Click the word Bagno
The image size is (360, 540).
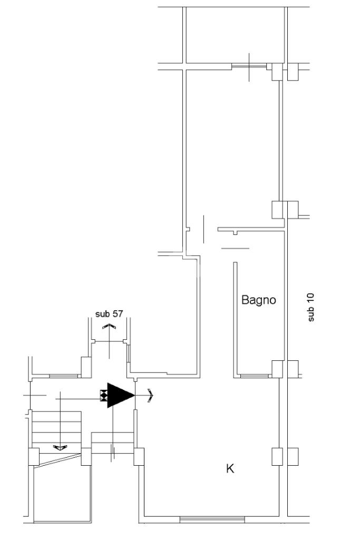pyautogui.click(x=258, y=300)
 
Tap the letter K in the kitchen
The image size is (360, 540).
pyautogui.click(x=230, y=468)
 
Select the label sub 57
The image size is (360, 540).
pyautogui.click(x=109, y=314)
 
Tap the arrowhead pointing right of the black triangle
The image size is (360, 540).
pyautogui.click(x=151, y=395)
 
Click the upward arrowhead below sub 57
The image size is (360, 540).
pyautogui.click(x=109, y=327)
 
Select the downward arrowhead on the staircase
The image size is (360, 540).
pyautogui.click(x=60, y=448)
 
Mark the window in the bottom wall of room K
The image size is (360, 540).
pyautogui.click(x=212, y=519)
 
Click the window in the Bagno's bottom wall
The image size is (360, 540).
pyautogui.click(x=254, y=376)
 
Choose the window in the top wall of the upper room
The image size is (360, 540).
pyautogui.click(x=248, y=66)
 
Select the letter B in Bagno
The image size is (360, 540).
pyautogui.click(x=245, y=300)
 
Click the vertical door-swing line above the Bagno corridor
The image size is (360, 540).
pyautogui.click(x=203, y=229)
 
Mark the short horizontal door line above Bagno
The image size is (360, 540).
pyautogui.click(x=235, y=248)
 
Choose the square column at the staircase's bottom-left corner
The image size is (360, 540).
pyautogui.click(x=34, y=456)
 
